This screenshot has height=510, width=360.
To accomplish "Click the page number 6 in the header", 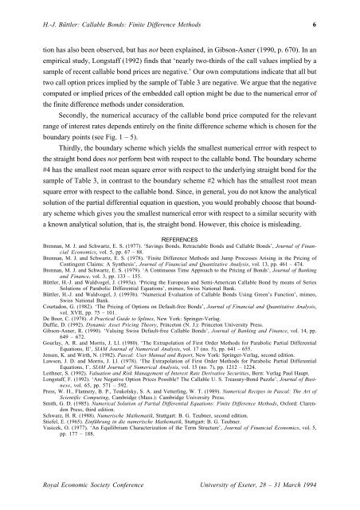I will [x=337, y=25].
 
